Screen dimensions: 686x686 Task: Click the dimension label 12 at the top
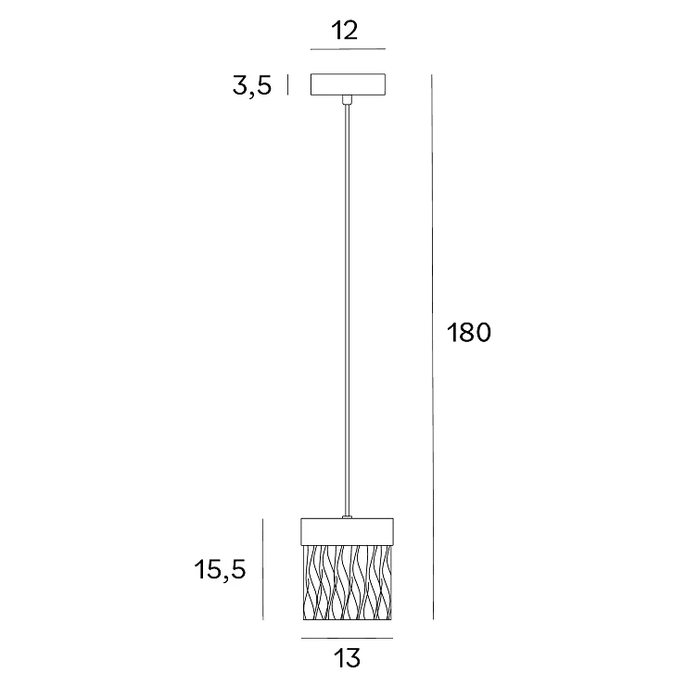pos(344,31)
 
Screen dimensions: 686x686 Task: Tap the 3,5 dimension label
pos(251,86)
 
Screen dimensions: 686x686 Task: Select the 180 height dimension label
pos(468,333)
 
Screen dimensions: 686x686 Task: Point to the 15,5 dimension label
pos(220,570)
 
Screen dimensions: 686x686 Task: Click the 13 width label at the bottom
pos(347,658)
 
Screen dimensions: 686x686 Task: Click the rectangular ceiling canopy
pos(348,84)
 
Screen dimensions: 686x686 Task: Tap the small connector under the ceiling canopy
pos(347,100)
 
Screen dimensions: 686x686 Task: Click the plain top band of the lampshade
pos(347,532)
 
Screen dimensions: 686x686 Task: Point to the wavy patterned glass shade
pos(348,582)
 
